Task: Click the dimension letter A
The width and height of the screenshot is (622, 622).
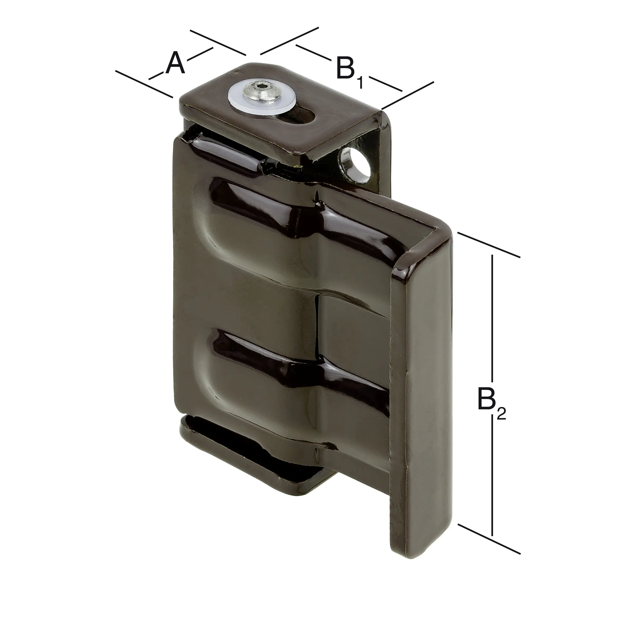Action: tap(175, 62)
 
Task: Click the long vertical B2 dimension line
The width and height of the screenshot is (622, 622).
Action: tap(492, 322)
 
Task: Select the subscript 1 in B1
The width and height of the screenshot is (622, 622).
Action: tap(360, 83)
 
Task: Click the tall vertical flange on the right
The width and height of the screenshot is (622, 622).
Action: tap(422, 386)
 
